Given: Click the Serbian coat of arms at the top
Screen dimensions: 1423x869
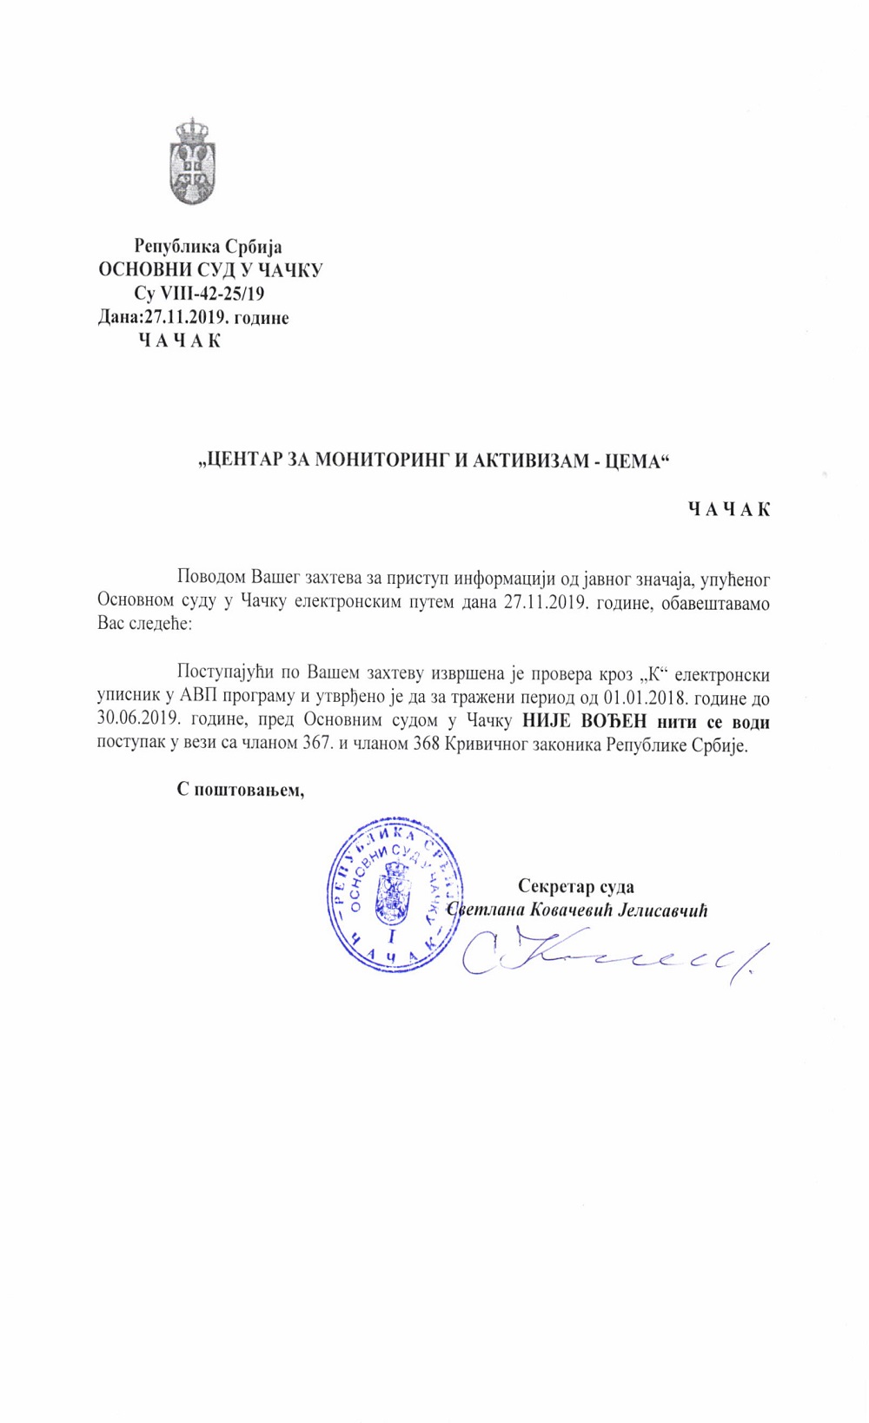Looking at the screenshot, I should [x=192, y=162].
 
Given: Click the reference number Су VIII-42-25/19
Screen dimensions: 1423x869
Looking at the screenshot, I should [x=199, y=294].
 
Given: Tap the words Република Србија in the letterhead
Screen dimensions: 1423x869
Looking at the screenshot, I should [x=208, y=247].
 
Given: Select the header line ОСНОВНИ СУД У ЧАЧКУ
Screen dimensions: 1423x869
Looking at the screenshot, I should [x=210, y=270].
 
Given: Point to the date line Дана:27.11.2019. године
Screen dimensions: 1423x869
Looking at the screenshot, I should [x=193, y=317].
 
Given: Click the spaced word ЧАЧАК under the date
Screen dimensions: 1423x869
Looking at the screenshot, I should [x=180, y=341].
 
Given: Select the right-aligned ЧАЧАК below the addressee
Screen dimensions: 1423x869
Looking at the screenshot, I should [x=729, y=509].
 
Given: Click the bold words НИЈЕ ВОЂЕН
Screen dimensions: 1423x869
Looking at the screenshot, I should [x=585, y=721].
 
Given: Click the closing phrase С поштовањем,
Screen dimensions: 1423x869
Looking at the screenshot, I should [x=241, y=790].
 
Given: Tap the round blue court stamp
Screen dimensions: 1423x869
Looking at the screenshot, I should [x=394, y=894].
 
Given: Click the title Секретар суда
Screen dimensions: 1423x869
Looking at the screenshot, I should [x=575, y=886].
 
